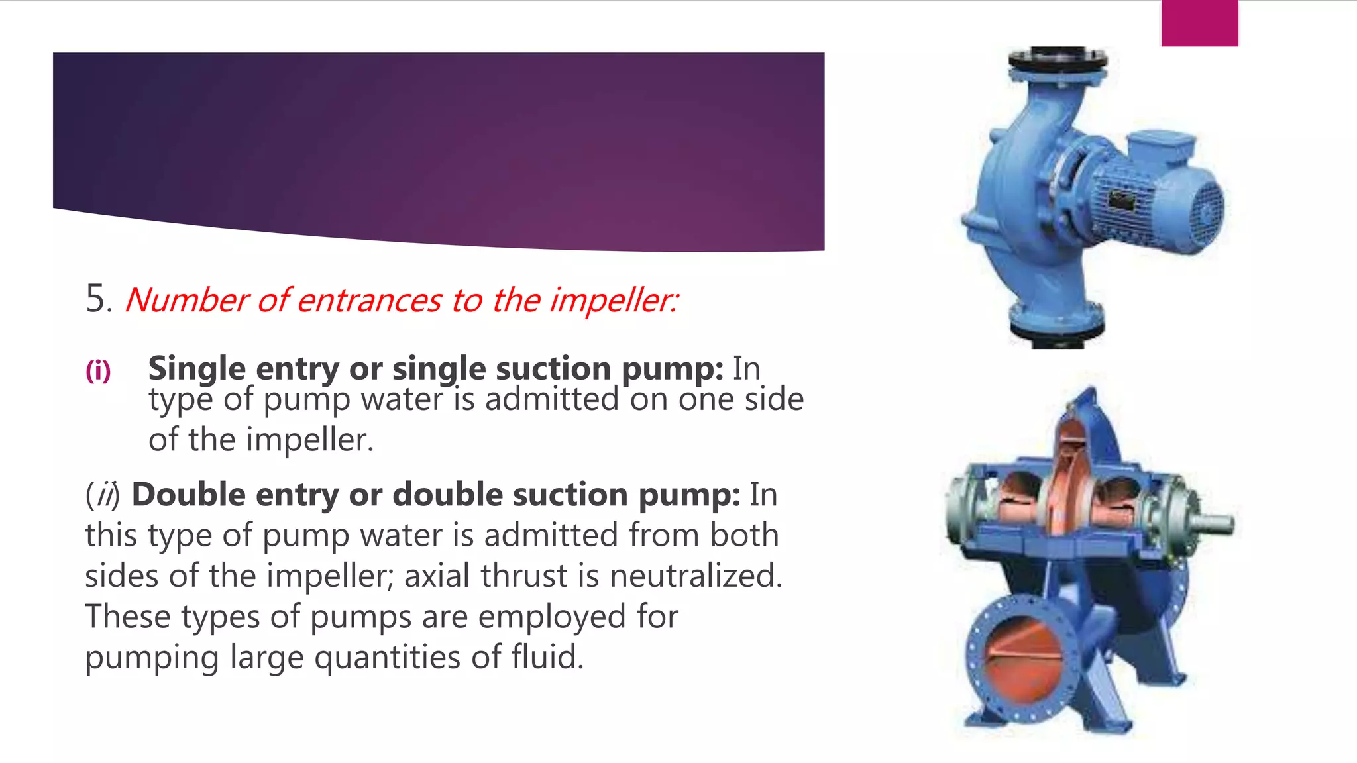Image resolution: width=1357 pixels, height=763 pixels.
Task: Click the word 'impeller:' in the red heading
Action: tap(614, 300)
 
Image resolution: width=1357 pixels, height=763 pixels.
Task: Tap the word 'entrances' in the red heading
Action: tap(369, 300)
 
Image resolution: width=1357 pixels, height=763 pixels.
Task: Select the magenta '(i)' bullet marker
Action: tap(98, 370)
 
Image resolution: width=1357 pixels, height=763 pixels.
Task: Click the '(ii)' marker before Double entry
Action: tap(103, 495)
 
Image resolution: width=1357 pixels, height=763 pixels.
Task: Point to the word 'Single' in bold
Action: tap(197, 368)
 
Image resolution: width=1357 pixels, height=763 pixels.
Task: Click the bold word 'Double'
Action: tap(188, 495)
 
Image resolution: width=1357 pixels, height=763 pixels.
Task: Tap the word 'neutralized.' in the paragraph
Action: tap(696, 576)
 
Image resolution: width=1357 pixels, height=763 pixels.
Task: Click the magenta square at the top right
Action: tap(1199, 23)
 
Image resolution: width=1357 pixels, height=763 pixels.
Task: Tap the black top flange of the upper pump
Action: tap(1058, 60)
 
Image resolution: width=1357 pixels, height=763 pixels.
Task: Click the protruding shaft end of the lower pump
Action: tap(1215, 524)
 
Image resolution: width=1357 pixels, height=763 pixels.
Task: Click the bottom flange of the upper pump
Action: tap(1056, 325)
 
